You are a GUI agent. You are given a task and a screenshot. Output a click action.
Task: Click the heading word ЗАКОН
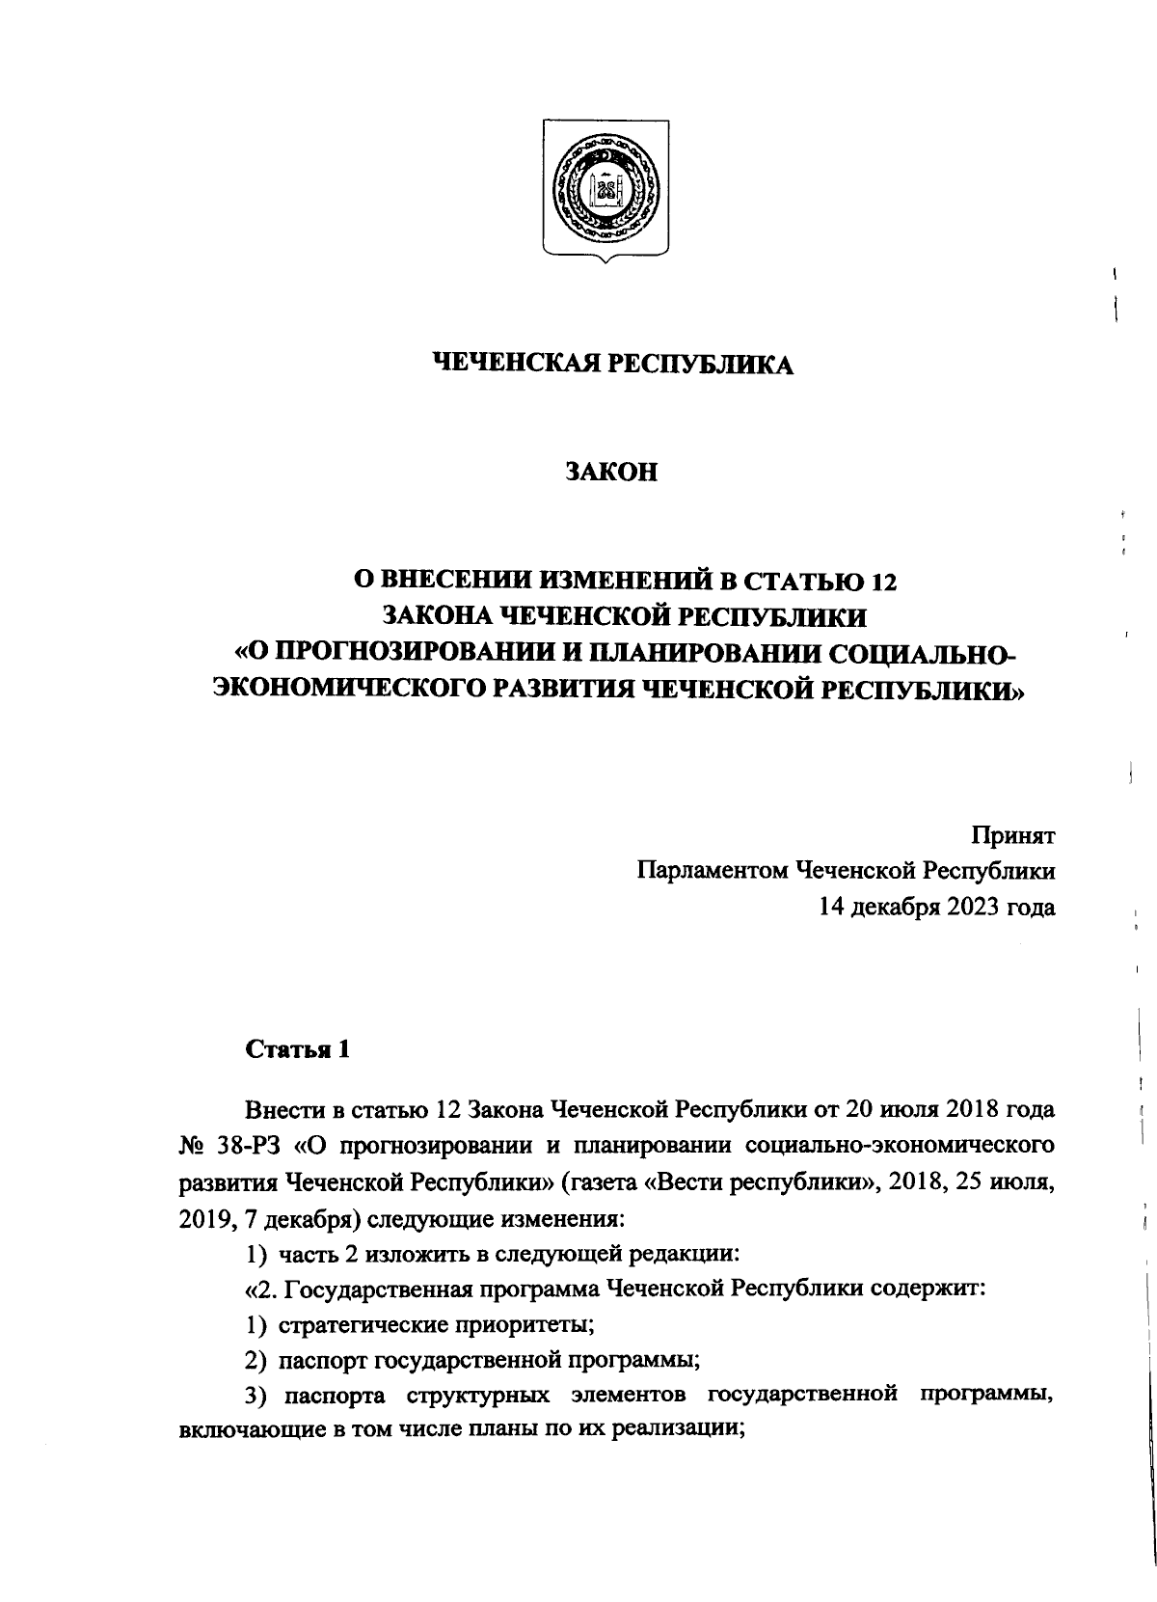click(610, 473)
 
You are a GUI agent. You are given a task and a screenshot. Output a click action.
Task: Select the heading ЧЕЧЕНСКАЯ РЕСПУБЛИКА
click(611, 365)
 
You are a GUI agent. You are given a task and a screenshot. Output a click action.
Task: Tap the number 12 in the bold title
click(882, 581)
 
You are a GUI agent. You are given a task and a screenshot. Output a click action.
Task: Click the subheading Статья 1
click(297, 1049)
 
